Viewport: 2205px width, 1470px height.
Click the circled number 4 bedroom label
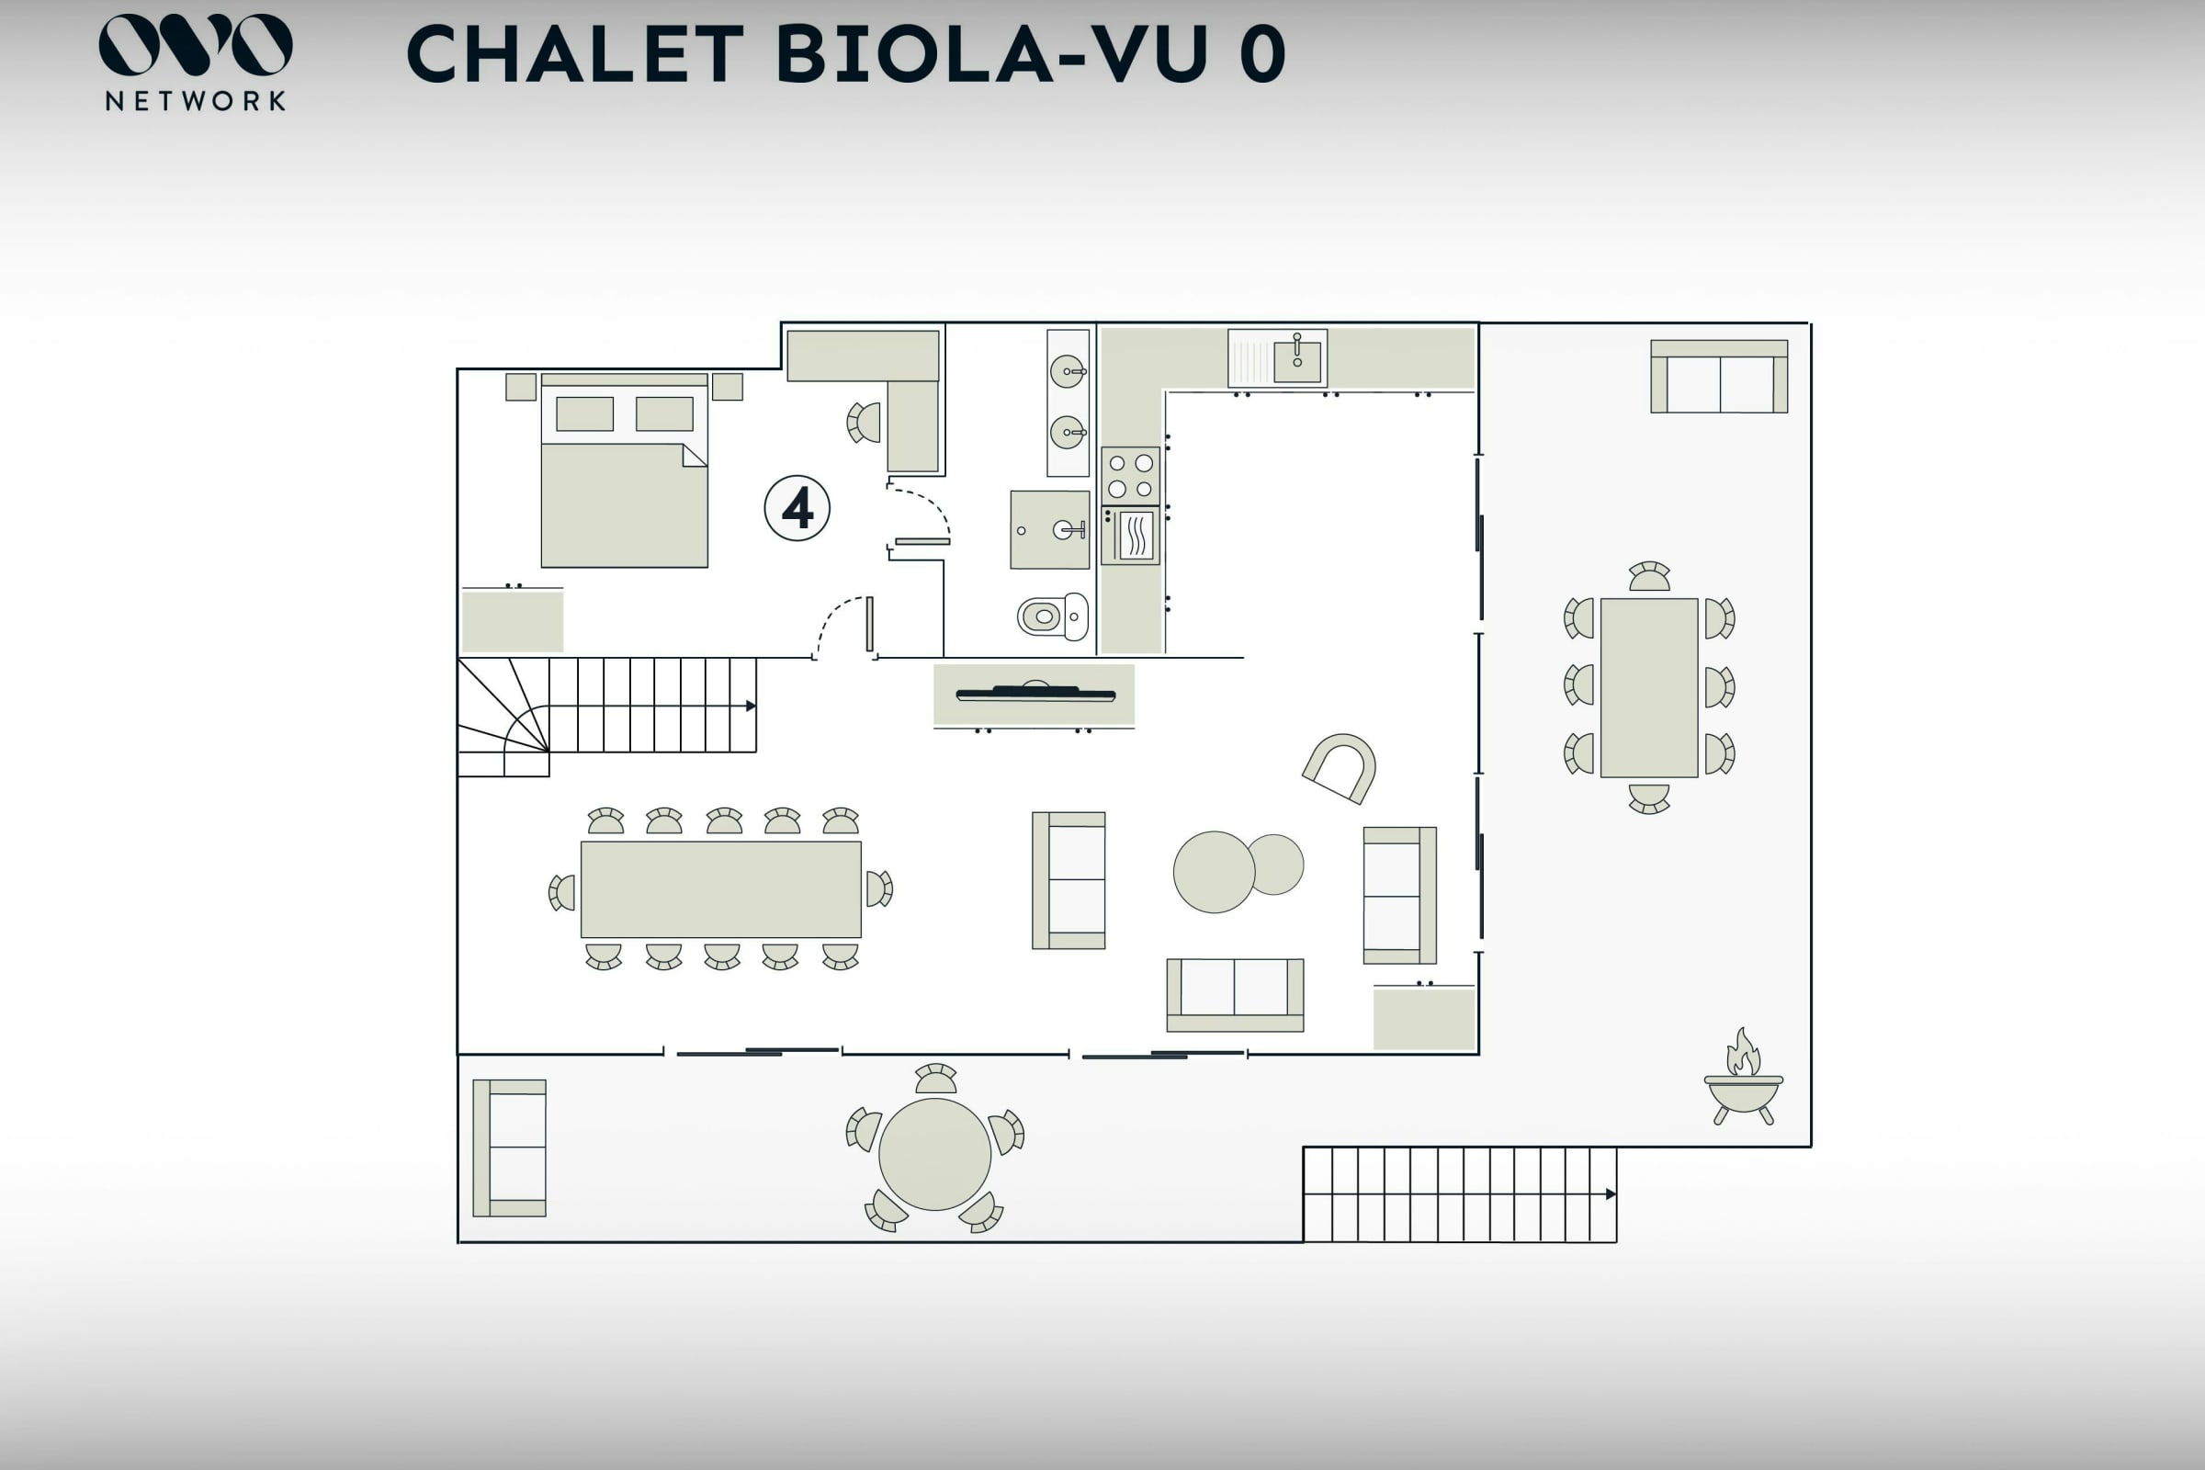click(x=797, y=508)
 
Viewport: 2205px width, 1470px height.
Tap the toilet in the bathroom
click(x=1053, y=616)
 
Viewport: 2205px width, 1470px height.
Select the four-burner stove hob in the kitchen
click(x=1131, y=476)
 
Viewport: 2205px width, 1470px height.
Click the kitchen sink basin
click(x=1297, y=362)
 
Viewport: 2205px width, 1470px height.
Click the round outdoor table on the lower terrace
click(x=934, y=1154)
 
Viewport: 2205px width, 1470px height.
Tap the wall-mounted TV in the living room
click(x=1035, y=694)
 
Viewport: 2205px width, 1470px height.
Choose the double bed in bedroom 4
click(x=625, y=470)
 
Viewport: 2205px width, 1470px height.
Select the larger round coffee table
click(x=1214, y=872)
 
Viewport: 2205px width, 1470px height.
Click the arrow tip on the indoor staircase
click(x=754, y=706)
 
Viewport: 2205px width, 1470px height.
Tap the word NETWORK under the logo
click(x=196, y=101)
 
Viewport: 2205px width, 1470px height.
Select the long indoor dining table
click(x=721, y=888)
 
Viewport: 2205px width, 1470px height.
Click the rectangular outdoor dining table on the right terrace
click(x=1649, y=688)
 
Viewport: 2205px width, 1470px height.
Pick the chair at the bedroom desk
click(x=864, y=422)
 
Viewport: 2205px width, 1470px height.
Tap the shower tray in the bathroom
click(x=1050, y=530)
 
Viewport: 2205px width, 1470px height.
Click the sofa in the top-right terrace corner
click(x=1719, y=376)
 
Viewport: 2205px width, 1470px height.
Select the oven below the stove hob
click(x=1131, y=536)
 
